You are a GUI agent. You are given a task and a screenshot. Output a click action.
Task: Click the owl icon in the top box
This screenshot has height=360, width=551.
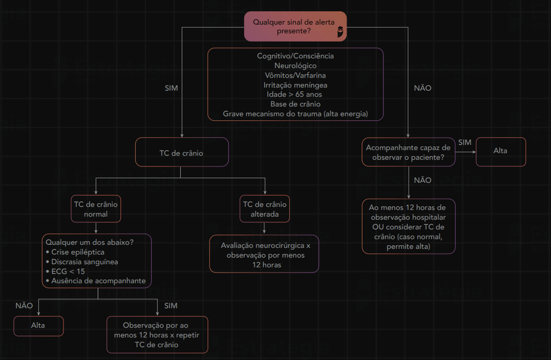coord(340,33)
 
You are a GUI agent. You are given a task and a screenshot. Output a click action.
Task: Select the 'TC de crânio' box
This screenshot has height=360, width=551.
coord(181,152)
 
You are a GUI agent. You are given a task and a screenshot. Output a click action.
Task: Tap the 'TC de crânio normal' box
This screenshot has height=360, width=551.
coord(96,209)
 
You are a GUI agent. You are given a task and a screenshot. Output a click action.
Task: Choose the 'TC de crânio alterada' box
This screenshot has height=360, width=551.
coord(265,209)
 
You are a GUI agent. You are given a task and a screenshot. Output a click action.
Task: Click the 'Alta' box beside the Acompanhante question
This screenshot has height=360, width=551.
coord(500,151)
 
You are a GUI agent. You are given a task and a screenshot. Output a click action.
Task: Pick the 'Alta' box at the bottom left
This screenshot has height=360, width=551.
coord(38,326)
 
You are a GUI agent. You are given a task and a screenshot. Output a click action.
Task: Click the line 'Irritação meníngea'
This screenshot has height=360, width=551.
coord(295,85)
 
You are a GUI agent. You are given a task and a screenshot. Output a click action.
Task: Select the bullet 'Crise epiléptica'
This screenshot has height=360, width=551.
coord(78,252)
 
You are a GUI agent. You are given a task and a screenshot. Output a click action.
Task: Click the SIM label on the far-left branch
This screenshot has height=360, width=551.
coord(172,88)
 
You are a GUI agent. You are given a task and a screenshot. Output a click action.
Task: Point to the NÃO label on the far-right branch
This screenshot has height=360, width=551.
coord(422,88)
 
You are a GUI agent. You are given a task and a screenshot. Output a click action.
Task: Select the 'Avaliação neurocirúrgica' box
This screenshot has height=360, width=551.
coord(264,255)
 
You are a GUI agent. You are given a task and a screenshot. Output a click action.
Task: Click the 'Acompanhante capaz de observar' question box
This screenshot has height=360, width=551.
coord(408,152)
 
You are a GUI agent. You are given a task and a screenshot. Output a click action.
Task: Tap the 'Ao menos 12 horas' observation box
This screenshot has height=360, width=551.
coord(408,227)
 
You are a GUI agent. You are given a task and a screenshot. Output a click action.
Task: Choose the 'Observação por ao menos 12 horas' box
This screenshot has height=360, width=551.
coord(157,335)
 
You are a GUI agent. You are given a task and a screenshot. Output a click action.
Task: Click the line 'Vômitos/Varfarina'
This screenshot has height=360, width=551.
coord(295,75)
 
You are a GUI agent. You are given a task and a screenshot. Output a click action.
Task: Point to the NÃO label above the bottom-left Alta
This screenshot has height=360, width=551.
coord(24,306)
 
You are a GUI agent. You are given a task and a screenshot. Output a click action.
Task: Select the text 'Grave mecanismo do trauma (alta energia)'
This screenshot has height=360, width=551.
coord(295,114)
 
